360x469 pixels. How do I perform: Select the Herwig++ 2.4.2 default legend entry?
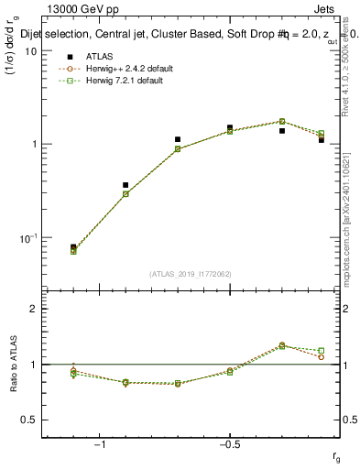pyautogui.click(x=124, y=69)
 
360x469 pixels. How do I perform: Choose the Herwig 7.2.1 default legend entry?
pyautogui.click(x=122, y=81)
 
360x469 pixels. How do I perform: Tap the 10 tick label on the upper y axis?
pyautogui.click(x=30, y=51)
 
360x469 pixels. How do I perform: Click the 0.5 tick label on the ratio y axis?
pyautogui.click(x=29, y=420)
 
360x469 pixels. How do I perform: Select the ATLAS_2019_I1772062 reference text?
pyautogui.click(x=191, y=274)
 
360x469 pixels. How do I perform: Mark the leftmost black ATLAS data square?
pyautogui.click(x=73, y=247)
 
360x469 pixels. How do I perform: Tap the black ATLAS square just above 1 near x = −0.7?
pyautogui.click(x=178, y=139)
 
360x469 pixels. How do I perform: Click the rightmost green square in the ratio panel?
pyautogui.click(x=321, y=350)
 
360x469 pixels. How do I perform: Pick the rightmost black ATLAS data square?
pyautogui.click(x=322, y=139)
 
